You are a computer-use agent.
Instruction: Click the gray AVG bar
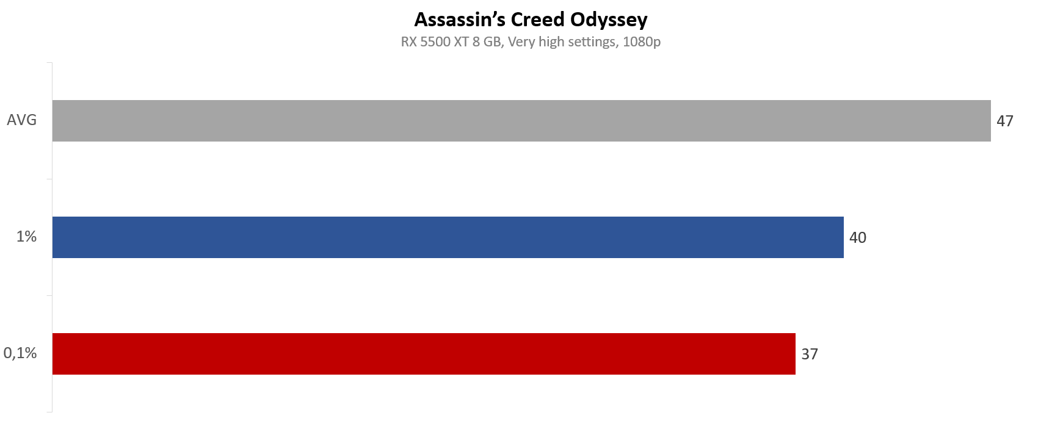[521, 121]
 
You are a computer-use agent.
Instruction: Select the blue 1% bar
[448, 237]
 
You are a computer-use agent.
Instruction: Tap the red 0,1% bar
[424, 354]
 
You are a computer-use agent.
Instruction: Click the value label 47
[1005, 121]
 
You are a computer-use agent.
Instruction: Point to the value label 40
[858, 237]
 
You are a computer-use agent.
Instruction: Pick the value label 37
[810, 354]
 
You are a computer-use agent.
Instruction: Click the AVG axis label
[22, 120]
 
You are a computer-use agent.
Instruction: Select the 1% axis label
[27, 237]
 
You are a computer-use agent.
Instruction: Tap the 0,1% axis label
[20, 353]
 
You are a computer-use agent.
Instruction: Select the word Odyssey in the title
[609, 20]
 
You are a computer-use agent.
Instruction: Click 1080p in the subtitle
[642, 42]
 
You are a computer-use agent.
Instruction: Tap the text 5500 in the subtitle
[434, 42]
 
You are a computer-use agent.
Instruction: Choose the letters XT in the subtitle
[460, 42]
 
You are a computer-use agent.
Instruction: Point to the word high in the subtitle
[551, 42]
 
